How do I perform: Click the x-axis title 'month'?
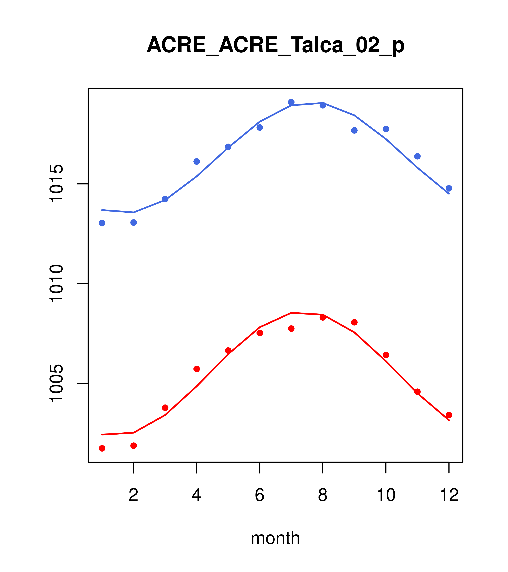275,538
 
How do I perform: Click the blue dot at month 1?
102,223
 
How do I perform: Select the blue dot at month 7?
291,102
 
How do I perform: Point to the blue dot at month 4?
196,161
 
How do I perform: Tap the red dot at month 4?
196,369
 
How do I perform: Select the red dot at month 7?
291,329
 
